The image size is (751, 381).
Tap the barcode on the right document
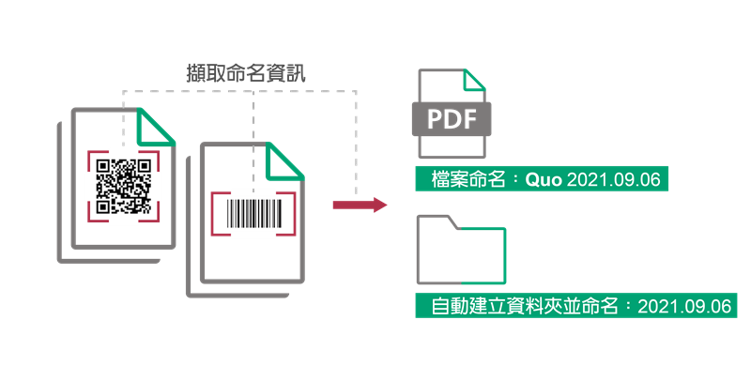point(253,211)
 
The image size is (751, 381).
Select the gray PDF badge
point(452,120)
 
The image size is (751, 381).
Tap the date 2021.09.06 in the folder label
point(683,306)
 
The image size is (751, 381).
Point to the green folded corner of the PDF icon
point(473,83)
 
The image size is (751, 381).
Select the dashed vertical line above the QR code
point(124,117)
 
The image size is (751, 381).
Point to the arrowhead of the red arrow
point(380,205)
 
